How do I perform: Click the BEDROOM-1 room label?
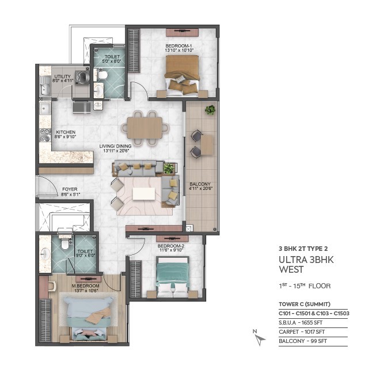(179, 46)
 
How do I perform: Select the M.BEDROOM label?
(85, 286)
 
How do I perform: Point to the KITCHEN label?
(66, 132)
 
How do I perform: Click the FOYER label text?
(70, 189)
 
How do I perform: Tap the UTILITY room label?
(62, 77)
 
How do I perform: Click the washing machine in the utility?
(82, 77)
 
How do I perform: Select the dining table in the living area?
(145, 128)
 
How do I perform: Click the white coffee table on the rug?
(144, 194)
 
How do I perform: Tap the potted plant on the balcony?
(210, 110)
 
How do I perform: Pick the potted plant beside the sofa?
(169, 168)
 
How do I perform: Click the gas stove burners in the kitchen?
(45, 135)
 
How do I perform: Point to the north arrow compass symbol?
(258, 338)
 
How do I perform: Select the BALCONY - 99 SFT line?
(303, 341)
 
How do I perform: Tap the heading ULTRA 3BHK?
(306, 260)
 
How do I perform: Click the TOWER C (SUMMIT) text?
(305, 304)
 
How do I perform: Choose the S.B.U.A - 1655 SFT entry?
(301, 323)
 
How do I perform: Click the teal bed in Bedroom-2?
(173, 276)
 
